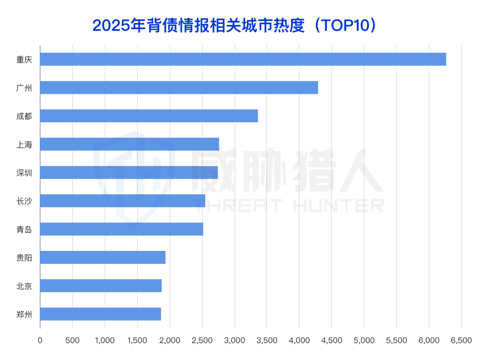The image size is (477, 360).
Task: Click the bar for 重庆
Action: tap(243, 59)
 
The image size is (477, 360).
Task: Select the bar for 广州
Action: tap(179, 87)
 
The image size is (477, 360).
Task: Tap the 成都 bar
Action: tap(149, 116)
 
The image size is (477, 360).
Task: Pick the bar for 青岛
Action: tap(121, 229)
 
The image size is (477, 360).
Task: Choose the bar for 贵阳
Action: tap(102, 257)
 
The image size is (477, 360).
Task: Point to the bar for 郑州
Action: tap(100, 314)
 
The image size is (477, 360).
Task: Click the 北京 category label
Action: tap(24, 286)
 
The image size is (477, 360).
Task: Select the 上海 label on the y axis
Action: tap(24, 144)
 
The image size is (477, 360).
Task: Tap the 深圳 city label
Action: tap(24, 173)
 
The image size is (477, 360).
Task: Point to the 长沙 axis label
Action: tap(24, 201)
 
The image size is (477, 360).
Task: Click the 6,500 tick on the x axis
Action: tap(461, 341)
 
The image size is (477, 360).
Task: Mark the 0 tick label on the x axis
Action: tap(40, 341)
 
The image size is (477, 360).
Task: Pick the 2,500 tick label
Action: tap(202, 341)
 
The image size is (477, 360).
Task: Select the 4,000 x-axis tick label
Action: tap(299, 341)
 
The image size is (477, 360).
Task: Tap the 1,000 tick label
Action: tap(105, 341)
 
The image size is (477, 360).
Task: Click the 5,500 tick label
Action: tap(396, 341)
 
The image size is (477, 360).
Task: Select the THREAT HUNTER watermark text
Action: tap(287, 205)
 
